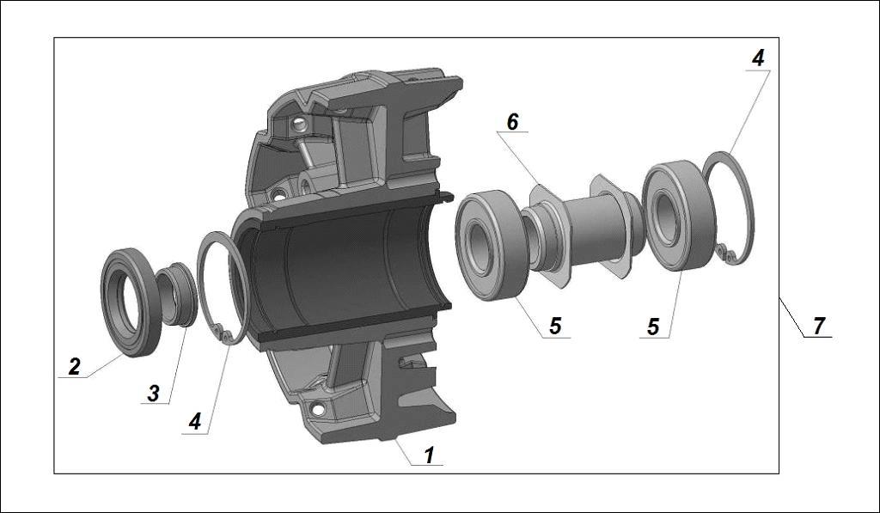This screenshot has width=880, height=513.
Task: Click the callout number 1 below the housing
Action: (429, 454)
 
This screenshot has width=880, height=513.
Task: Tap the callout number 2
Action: (75, 366)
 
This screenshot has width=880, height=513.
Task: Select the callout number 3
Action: (153, 394)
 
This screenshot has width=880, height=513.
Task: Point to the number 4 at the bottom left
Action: (195, 423)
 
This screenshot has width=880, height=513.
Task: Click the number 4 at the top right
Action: (757, 58)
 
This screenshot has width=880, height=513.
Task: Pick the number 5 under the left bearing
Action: (555, 327)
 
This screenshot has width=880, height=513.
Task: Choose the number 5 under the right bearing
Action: (653, 327)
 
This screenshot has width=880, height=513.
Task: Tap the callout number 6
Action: (512, 121)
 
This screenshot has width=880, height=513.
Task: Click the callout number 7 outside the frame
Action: (818, 326)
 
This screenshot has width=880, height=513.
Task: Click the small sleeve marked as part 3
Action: (178, 295)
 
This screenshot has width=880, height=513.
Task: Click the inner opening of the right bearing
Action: (667, 218)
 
